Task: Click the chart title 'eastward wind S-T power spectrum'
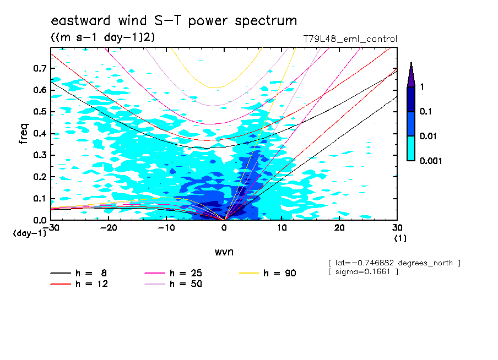coord(174,21)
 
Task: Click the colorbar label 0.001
coord(431,161)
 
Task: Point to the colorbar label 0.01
coord(429,136)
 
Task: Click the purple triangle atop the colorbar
coord(410,74)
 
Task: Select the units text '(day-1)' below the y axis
coord(30,233)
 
